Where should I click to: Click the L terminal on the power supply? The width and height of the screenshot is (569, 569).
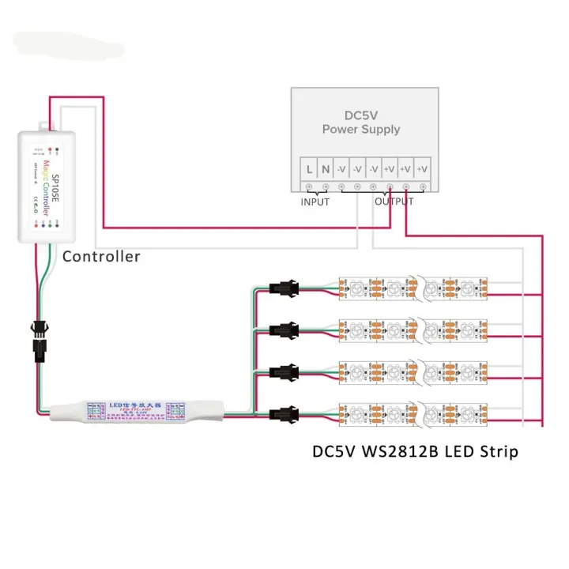pos(309,168)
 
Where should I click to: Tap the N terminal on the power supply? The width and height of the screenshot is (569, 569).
pos(325,168)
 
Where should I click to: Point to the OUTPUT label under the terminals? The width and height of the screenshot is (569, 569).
pos(394,202)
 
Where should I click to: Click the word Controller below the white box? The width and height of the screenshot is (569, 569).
pos(101,256)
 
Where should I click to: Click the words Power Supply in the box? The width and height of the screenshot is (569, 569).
pos(361,129)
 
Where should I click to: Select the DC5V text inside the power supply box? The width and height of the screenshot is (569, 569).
pos(361,114)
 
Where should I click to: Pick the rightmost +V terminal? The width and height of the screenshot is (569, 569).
pos(423,168)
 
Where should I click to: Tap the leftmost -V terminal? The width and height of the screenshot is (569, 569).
pos(341,168)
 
